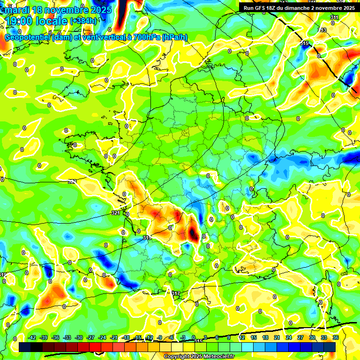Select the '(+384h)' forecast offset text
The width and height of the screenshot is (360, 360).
pos(83,21)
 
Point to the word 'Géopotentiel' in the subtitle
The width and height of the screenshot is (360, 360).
pos(28,37)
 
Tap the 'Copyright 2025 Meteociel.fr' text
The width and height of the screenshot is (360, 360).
pos(199,356)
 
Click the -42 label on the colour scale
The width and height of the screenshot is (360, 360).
pos(32,337)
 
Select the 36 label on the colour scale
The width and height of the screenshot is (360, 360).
pos(336,337)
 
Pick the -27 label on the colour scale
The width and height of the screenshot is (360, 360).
pos(91,337)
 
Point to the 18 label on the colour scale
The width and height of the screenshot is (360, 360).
pos(265,337)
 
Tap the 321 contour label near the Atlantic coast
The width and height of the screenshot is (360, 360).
pos(116,213)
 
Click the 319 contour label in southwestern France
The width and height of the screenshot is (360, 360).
pos(147,238)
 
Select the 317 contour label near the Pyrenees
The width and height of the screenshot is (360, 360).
pos(176,293)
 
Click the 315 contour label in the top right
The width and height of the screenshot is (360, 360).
pos(305,43)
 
